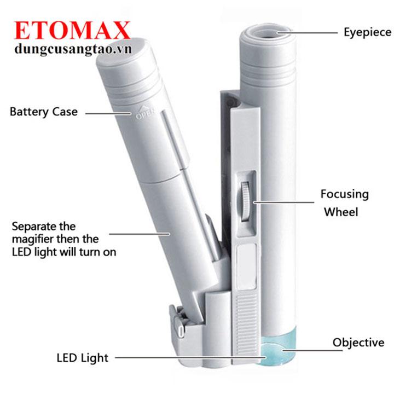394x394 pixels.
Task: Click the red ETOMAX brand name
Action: click(x=72, y=30)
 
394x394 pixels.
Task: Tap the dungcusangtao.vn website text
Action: click(x=73, y=49)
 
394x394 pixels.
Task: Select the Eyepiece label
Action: click(x=368, y=33)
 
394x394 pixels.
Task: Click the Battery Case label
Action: click(x=44, y=112)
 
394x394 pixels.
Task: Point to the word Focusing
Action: click(x=345, y=194)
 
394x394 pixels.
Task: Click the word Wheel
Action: click(x=341, y=212)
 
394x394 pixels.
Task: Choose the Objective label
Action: click(x=358, y=343)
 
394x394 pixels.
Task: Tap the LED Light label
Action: click(x=83, y=358)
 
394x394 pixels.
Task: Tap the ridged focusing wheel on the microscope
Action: click(x=245, y=201)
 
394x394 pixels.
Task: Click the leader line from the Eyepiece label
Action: click(x=307, y=33)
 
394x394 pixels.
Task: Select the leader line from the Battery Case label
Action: click(x=108, y=113)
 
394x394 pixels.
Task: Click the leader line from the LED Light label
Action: click(x=190, y=357)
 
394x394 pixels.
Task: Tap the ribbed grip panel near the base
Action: click(x=247, y=327)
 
